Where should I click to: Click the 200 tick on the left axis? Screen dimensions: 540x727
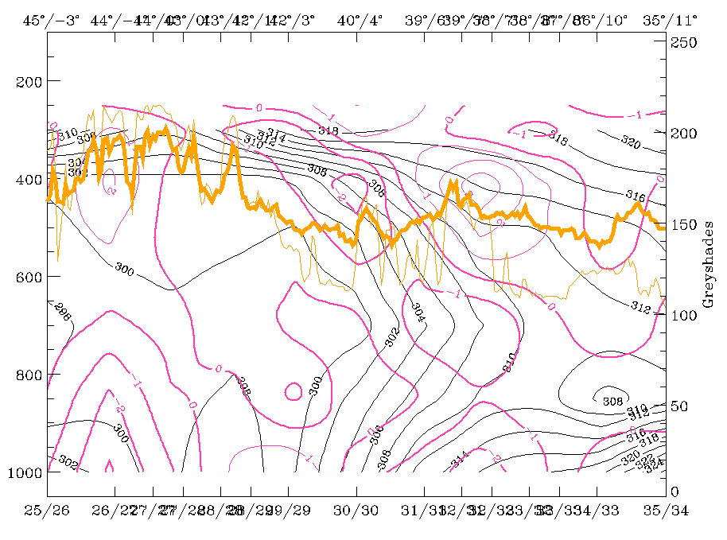pyautogui.click(x=27, y=81)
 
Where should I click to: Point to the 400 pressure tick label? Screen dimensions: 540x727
pyautogui.click(x=27, y=179)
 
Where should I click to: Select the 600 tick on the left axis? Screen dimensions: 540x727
pyautogui.click(x=27, y=277)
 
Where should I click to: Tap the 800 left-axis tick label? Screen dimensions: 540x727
pyautogui.click(x=27, y=375)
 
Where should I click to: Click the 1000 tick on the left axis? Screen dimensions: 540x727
pyautogui.click(x=23, y=472)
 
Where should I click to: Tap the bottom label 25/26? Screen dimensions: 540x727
pyautogui.click(x=47, y=508)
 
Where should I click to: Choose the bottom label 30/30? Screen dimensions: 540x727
pyautogui.click(x=356, y=508)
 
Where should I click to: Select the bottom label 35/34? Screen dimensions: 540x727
pyautogui.click(x=666, y=508)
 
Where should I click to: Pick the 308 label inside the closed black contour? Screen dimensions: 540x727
pyautogui.click(x=612, y=400)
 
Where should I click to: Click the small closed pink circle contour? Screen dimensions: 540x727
pyautogui.click(x=292, y=391)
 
